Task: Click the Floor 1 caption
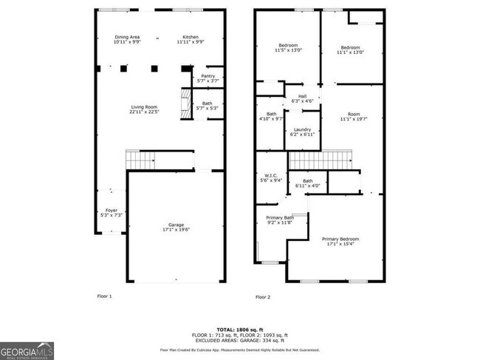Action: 104,296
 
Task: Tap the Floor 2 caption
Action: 263,296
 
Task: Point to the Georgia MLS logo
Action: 27,351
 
